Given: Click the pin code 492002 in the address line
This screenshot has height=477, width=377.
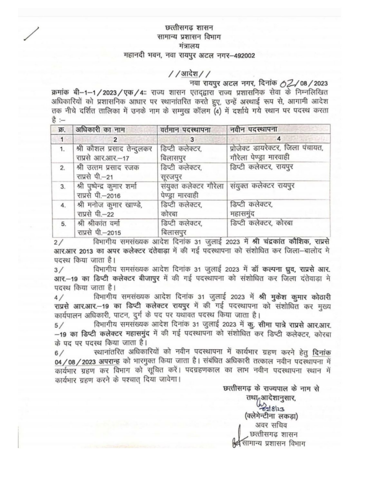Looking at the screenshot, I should coord(242,55).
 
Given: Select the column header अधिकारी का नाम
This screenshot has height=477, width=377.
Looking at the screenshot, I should coord(100,130).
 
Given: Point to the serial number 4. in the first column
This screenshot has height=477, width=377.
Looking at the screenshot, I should coord(62,205).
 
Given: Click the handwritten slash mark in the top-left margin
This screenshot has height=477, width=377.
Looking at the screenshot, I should coord(32,37).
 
